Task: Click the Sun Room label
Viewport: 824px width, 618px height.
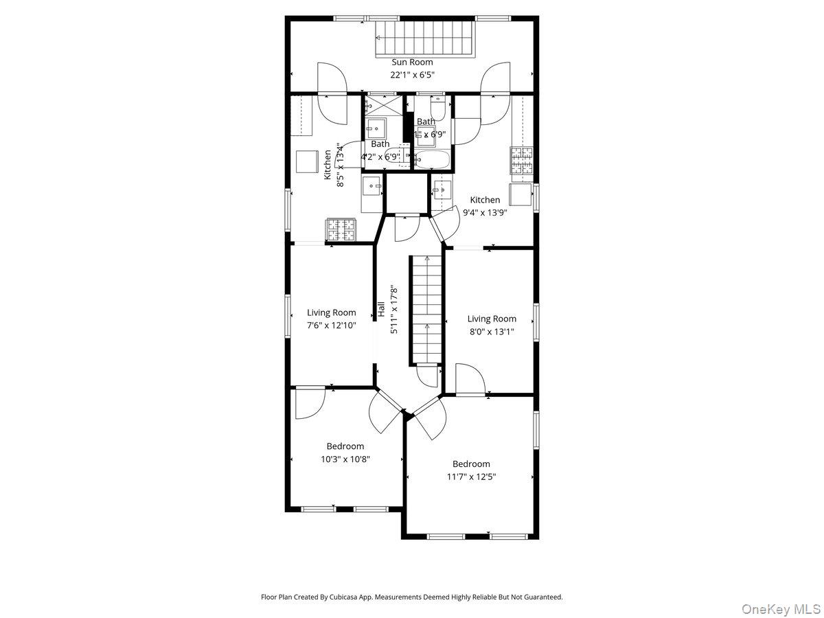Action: click(412, 62)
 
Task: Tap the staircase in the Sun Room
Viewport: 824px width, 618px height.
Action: click(426, 39)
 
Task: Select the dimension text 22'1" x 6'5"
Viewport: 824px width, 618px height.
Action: click(412, 75)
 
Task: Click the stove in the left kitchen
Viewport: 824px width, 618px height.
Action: click(341, 229)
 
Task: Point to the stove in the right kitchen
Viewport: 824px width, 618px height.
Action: click(522, 161)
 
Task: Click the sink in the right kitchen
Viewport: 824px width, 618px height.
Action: click(443, 190)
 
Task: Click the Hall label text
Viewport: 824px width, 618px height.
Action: click(380, 310)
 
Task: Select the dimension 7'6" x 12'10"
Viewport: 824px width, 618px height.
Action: click(331, 325)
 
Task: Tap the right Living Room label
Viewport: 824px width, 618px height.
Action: click(492, 319)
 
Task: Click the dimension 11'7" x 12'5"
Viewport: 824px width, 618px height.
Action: click(471, 477)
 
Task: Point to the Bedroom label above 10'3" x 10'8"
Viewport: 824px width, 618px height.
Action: click(345, 446)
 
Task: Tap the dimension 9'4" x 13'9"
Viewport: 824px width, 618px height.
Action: click(485, 212)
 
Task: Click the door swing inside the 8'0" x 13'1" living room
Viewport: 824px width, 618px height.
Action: click(470, 379)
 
